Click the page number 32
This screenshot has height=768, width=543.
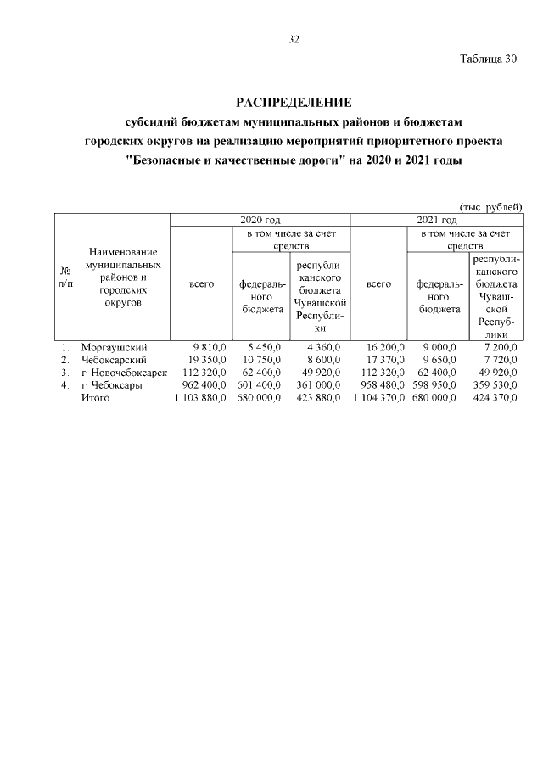point(294,39)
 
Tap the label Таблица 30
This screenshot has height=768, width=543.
point(488,59)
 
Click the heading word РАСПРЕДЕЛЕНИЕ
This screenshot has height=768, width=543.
point(294,103)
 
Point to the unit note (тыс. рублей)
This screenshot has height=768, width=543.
point(490,207)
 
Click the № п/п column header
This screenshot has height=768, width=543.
point(65,277)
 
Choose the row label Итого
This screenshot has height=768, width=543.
point(95,397)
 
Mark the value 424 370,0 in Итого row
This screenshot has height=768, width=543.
point(493,397)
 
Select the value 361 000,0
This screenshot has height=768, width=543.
point(319,384)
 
